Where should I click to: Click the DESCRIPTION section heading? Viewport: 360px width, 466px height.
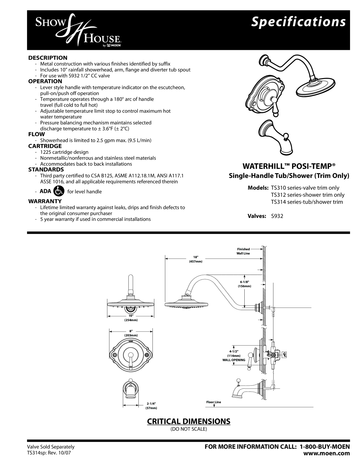[48, 57]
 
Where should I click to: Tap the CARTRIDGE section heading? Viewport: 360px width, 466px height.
[45, 146]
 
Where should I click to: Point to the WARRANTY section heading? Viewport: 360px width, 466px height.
[45, 201]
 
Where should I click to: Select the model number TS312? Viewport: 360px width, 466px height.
[278, 195]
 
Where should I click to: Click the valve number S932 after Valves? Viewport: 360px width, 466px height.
[277, 216]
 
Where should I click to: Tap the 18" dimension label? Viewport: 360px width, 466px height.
[196, 257]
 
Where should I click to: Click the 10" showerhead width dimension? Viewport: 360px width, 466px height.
[131, 315]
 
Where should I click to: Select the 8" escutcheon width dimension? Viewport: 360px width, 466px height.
[131, 331]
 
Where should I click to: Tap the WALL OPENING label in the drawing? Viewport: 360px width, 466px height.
[236, 360]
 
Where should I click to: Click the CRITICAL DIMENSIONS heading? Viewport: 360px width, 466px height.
[189, 421]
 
